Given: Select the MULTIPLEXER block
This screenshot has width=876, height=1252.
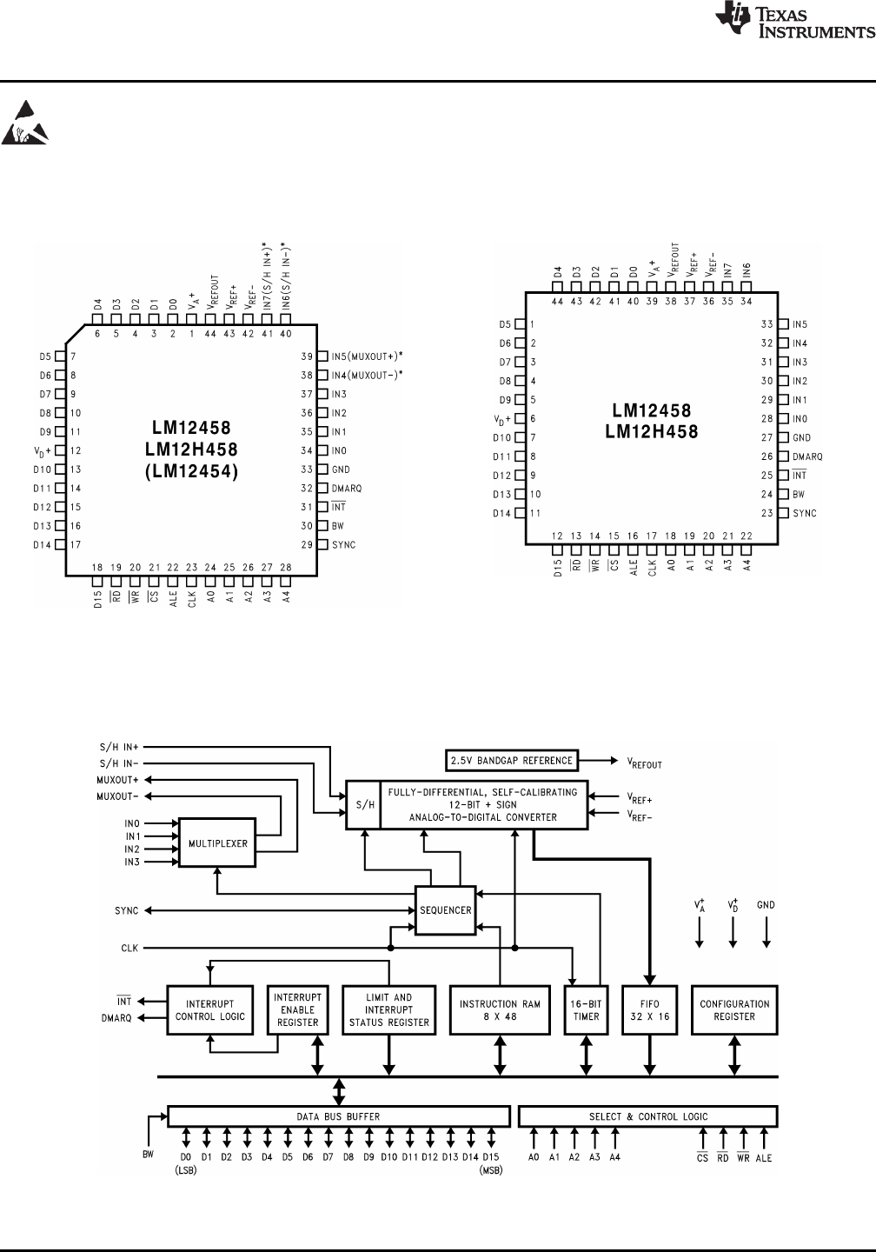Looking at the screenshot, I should tap(218, 842).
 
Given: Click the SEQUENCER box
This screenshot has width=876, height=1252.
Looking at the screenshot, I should tap(445, 910).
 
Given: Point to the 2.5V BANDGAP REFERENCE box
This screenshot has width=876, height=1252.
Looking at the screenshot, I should tap(511, 760).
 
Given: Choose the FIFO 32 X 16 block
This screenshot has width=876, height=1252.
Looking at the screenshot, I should tap(650, 1009).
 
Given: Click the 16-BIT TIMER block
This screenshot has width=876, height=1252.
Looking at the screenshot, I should tap(586, 1009).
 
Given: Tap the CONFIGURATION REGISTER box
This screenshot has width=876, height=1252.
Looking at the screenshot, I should tap(734, 1009).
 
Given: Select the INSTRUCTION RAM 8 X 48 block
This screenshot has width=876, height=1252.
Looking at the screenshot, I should tap(500, 1009).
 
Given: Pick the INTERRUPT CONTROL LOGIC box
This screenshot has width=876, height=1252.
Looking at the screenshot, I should tap(210, 1009).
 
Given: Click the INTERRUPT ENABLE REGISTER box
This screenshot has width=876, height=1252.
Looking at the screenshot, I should tap(298, 1009).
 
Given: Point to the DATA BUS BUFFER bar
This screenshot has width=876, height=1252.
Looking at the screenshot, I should tap(338, 1116).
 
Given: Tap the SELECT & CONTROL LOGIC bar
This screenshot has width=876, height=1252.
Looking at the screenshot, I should tap(647, 1116).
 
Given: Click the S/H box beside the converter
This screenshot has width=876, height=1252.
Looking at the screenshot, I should tap(362, 804).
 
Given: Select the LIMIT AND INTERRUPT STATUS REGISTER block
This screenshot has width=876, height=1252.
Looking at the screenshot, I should tap(389, 1009).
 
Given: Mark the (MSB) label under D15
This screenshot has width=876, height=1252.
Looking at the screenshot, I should tap(492, 1169).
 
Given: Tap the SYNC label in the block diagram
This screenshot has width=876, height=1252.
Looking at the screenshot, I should tap(127, 910).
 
